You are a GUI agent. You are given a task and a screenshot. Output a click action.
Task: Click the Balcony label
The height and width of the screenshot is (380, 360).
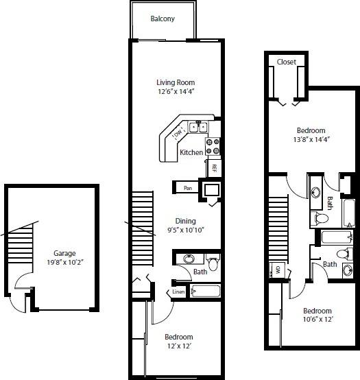[x=163, y=19]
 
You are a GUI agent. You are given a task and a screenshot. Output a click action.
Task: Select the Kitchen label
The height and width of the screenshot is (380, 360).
[x=191, y=152]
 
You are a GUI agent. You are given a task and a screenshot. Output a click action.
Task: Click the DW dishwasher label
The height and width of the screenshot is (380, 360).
[x=179, y=132]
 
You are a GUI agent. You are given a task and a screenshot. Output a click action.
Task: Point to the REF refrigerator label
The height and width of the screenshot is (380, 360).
[x=215, y=167]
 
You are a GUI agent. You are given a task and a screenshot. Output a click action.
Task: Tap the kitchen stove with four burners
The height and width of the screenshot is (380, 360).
[x=212, y=145]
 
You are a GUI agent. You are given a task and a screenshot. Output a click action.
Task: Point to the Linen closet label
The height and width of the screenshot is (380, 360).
[x=178, y=292]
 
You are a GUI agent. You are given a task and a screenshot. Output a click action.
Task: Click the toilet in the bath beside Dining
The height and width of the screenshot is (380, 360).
[x=212, y=263]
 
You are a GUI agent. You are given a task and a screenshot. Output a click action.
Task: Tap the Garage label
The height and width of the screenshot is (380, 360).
[x=64, y=252]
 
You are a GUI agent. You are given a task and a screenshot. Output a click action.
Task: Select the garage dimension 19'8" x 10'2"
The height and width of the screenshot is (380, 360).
[x=65, y=262]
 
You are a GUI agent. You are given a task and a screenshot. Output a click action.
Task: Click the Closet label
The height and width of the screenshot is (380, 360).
[x=287, y=62]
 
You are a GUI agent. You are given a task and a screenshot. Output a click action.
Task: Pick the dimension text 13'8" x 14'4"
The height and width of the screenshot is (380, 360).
[x=311, y=140]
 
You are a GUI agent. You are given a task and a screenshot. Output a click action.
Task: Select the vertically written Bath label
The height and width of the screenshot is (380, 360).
[x=330, y=203]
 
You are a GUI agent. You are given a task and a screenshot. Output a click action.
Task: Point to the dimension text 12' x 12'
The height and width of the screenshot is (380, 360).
[x=178, y=346]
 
